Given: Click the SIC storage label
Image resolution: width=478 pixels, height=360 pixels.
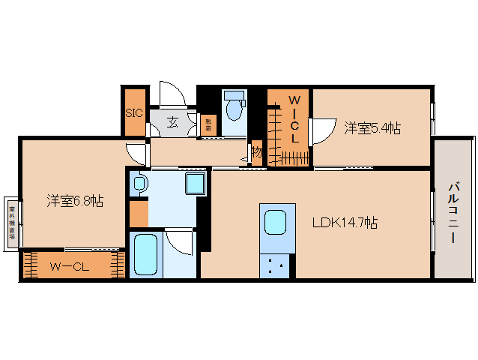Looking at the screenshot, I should click(x=134, y=113).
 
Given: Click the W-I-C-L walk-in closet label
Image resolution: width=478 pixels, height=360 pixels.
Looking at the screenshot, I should click(x=295, y=119).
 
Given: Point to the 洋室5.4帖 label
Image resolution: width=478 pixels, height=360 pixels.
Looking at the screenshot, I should click(x=372, y=128).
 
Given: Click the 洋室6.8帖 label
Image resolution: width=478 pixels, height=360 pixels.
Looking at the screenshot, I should click(x=75, y=200).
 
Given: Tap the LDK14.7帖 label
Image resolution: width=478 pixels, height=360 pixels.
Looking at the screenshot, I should click(x=345, y=222).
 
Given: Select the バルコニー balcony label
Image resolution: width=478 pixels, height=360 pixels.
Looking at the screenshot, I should click(x=454, y=212).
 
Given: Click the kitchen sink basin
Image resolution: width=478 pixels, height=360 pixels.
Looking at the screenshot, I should click(x=274, y=223).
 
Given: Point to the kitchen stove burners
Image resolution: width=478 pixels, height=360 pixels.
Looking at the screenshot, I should click(x=274, y=264).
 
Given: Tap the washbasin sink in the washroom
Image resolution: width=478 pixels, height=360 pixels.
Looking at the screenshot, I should click(x=139, y=183).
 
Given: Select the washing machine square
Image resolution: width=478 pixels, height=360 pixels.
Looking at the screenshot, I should click(x=195, y=184).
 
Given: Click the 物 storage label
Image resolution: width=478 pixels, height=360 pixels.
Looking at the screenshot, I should click(x=257, y=152).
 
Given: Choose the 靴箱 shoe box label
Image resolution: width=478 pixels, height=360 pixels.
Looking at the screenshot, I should click(x=209, y=124).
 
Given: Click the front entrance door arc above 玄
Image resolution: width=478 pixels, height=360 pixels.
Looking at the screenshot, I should click(x=171, y=94).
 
